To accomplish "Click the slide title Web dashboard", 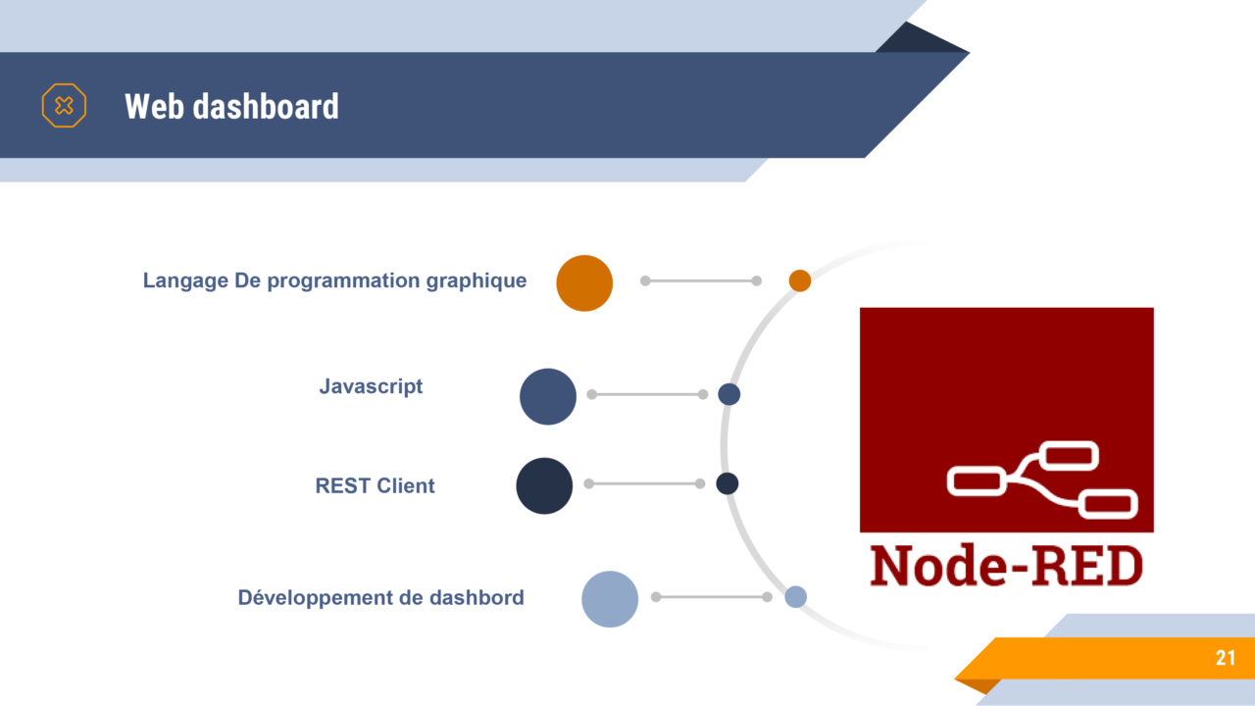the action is tap(231, 106).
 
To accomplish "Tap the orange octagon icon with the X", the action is tap(64, 105).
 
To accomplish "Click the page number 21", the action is tap(1226, 658).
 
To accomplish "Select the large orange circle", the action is tap(584, 283).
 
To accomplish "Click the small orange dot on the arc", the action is tap(799, 280).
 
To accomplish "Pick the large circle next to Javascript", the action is tap(548, 396).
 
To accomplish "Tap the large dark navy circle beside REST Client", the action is tap(544, 485).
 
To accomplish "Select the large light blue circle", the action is tap(610, 599).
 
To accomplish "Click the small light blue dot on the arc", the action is tap(795, 597).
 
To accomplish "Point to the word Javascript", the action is tap(371, 386).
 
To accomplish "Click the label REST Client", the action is tap(375, 485).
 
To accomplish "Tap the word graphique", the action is tap(477, 280).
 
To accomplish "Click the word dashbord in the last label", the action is tap(477, 597).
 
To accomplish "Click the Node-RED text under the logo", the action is tap(1006, 566).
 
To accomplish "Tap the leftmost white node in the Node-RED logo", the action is tap(976, 481).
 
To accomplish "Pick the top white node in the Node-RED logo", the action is tap(1069, 455).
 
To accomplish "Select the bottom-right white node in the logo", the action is tap(1108, 504).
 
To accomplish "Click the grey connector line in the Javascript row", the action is tap(647, 394).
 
